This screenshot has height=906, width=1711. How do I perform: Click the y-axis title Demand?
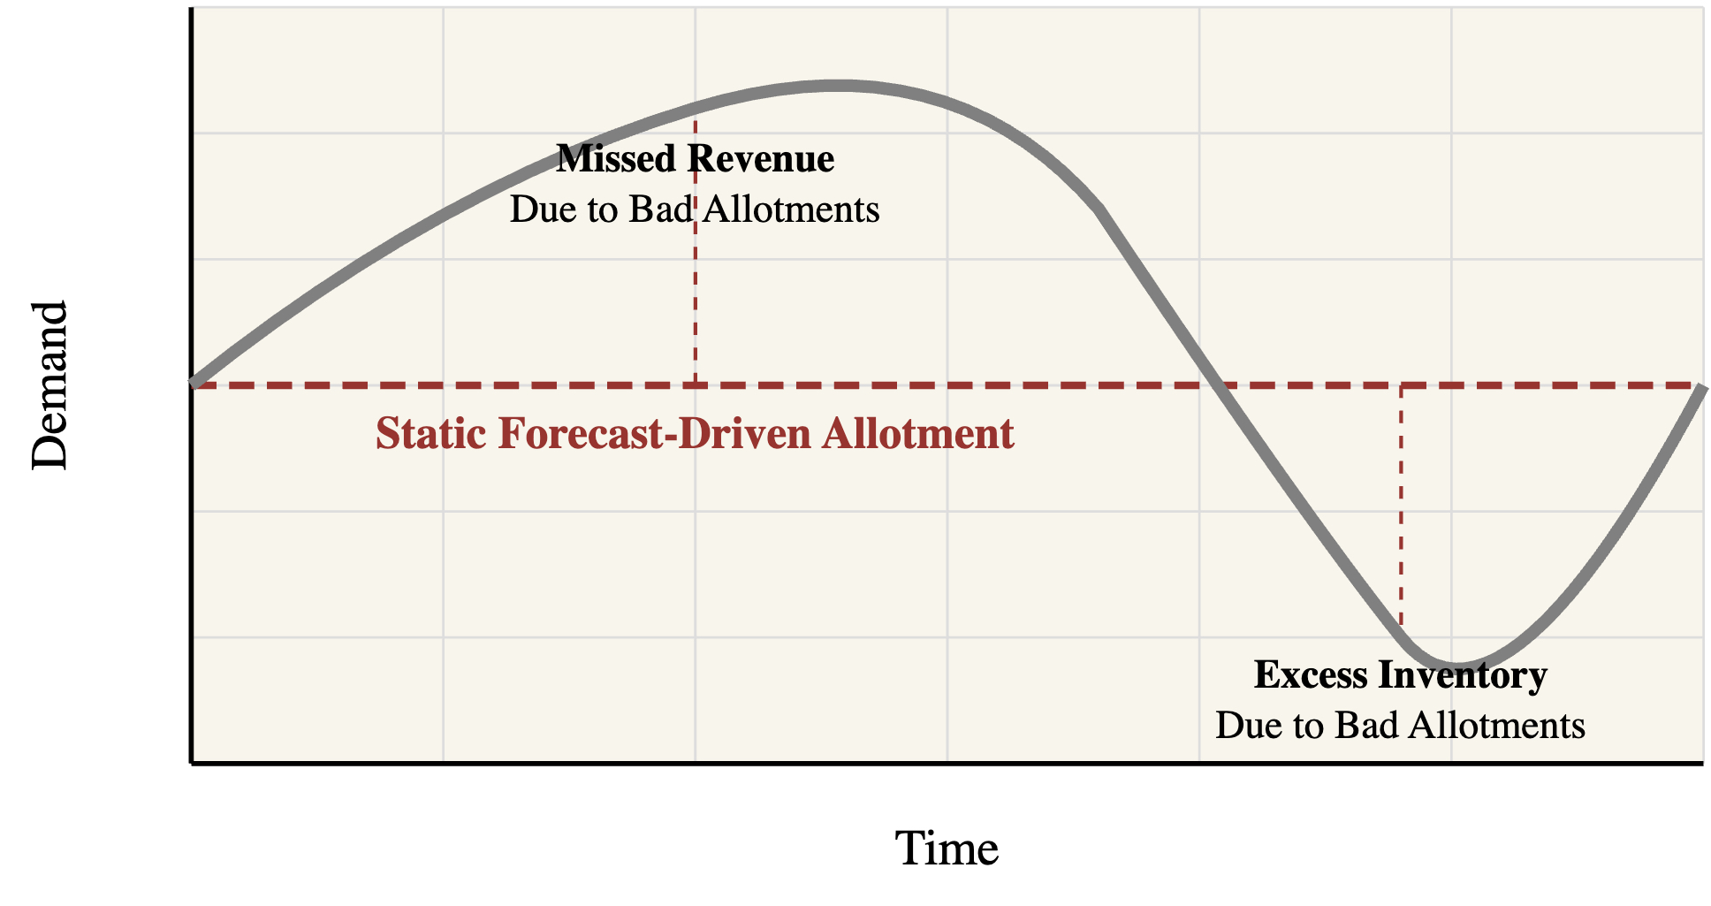point(49,386)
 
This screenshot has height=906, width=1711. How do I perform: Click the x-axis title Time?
point(947,849)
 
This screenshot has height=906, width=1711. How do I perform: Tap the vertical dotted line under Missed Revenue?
point(696,253)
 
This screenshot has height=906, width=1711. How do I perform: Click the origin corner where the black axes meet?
point(192,762)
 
